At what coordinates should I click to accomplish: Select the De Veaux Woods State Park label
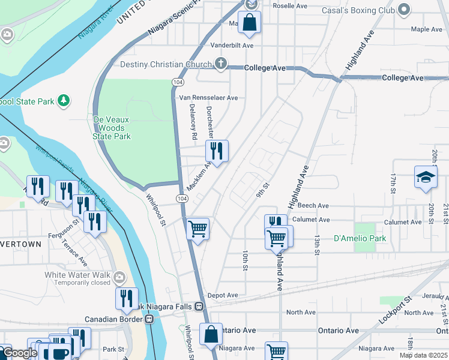click(x=112, y=128)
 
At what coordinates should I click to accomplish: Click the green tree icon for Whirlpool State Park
click(x=62, y=101)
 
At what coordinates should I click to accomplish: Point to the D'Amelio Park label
click(x=360, y=238)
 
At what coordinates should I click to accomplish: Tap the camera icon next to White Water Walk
click(x=119, y=276)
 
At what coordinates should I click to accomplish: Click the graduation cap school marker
click(x=425, y=178)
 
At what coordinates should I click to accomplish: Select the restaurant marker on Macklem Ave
click(x=217, y=151)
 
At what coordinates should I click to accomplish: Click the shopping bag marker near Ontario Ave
click(x=211, y=335)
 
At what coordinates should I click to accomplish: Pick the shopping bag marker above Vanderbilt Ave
click(x=249, y=23)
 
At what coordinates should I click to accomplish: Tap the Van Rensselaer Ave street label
click(x=208, y=98)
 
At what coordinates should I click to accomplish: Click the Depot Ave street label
click(x=223, y=295)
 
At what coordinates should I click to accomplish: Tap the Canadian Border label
click(x=113, y=319)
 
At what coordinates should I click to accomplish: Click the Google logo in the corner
click(x=20, y=353)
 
